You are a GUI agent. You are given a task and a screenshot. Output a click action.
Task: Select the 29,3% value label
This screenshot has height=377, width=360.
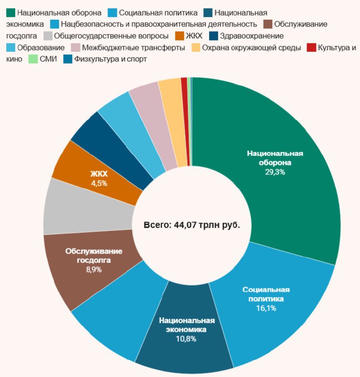pos(275,172)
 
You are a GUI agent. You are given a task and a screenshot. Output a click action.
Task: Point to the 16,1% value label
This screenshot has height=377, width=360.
pos(266,308)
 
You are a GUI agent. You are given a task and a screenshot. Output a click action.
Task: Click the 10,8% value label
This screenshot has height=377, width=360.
pos(187,338)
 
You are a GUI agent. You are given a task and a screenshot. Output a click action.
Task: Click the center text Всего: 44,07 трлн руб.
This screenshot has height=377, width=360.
pos(192,225)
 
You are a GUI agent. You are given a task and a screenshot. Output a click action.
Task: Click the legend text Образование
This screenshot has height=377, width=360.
pos(41,48)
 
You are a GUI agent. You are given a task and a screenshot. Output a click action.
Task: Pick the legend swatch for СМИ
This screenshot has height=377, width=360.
pos(33,59)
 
